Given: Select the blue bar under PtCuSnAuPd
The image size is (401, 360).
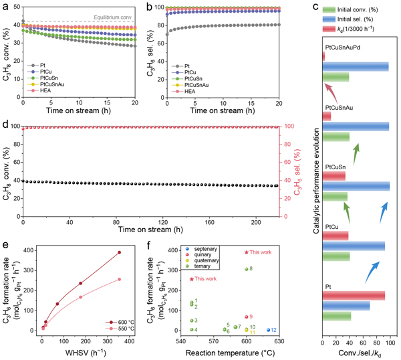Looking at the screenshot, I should click(355, 66).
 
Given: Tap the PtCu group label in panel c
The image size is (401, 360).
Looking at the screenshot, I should click(332, 228).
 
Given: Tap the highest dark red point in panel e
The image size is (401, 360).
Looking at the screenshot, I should click(119, 252).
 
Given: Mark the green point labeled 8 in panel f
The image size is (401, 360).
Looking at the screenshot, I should click(247, 269).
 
